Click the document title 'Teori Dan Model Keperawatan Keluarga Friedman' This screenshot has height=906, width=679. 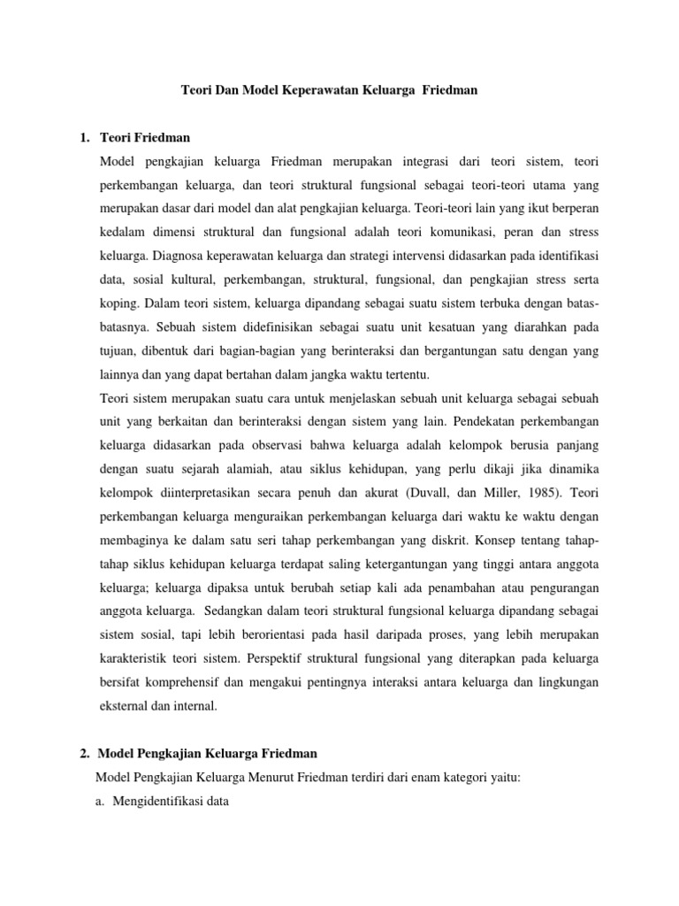coord(329,90)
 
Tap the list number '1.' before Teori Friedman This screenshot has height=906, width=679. coord(85,139)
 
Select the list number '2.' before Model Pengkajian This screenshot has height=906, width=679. coord(85,753)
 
